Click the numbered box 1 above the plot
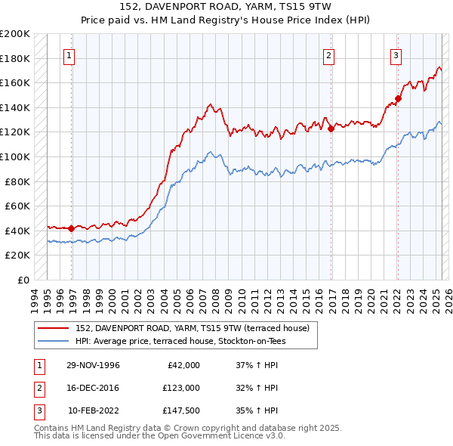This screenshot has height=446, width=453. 69,54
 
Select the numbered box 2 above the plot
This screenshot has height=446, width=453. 329,54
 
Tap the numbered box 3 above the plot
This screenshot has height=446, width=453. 396,54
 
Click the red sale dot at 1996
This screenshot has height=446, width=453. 72,228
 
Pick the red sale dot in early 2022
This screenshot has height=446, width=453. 398,98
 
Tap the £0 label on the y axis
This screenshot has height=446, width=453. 23,280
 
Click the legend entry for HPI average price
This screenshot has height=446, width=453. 180,341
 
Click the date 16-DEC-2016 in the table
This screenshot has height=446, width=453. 93,388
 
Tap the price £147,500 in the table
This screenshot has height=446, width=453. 180,410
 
